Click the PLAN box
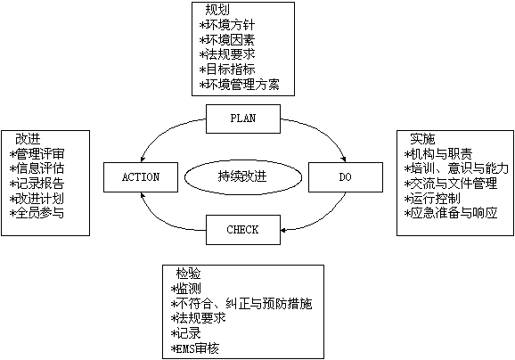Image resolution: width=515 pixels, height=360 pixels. point(243,119)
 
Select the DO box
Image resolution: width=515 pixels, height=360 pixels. point(346,177)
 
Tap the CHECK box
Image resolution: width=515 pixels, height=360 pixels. point(243,230)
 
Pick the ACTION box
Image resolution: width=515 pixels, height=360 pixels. point(141,177)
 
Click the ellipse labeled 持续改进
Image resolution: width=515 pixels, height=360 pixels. point(243,177)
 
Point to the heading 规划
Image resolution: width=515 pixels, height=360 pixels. point(217,10)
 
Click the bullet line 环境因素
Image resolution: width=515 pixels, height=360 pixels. point(227,40)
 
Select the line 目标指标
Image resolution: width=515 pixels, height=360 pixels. point(227,70)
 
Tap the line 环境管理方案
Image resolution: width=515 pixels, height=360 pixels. point(240,85)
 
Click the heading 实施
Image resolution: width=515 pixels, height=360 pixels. point(422,139)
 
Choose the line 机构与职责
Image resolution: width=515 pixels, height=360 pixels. point(438,154)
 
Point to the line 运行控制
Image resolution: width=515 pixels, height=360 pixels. point(432,199)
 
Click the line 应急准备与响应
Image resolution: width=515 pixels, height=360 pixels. point(451,213)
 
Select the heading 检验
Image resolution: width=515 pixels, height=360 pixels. point(188,274)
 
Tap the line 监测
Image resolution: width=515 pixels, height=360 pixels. point(186,289)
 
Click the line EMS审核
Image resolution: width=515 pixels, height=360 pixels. point(195,348)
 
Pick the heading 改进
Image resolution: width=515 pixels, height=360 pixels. point(28,139)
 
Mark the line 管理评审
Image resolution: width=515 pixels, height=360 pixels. point(37,154)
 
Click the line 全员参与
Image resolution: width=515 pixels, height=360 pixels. point(37,213)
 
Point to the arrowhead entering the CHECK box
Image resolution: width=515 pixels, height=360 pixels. point(283,230)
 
